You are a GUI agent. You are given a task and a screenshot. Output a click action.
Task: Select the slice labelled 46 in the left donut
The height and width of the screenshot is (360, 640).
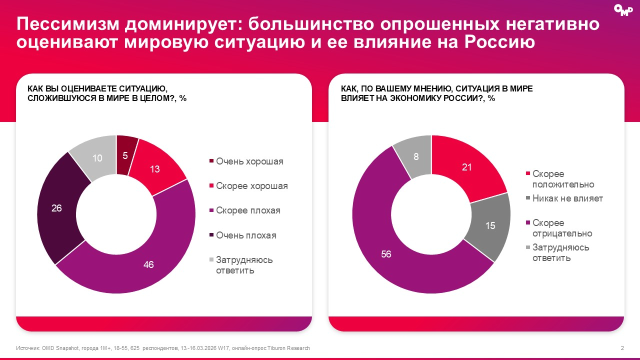pyautogui.click(x=148, y=264)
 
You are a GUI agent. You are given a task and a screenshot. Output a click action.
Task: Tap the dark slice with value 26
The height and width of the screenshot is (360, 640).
pyautogui.click(x=56, y=207)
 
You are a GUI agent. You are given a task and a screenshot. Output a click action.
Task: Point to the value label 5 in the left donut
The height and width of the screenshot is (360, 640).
pyautogui.click(x=125, y=155)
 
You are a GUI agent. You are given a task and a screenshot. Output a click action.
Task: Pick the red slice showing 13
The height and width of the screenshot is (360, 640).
pyautogui.click(x=155, y=169)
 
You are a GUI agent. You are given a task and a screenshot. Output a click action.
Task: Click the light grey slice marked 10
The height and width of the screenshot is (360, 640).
pyautogui.click(x=97, y=158)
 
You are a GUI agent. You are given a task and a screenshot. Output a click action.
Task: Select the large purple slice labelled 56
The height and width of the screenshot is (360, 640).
pyautogui.click(x=386, y=254)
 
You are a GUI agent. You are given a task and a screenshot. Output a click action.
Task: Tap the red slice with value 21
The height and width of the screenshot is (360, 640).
pyautogui.click(x=467, y=167)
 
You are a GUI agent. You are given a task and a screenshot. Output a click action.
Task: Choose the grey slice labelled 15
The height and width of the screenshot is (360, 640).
pyautogui.click(x=490, y=225)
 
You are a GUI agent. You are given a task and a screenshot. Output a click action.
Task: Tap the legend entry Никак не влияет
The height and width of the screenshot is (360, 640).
pyautogui.click(x=567, y=198)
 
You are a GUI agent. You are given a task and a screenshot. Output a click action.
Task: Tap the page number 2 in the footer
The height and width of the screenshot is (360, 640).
pyautogui.click(x=622, y=348)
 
